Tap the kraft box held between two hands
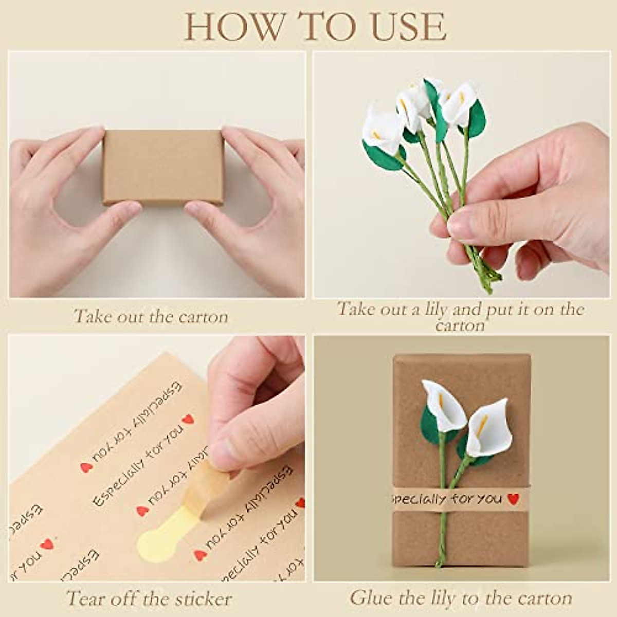point(162,167)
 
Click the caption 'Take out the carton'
point(151,316)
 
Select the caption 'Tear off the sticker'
point(149,598)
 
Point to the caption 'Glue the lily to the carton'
point(461,598)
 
